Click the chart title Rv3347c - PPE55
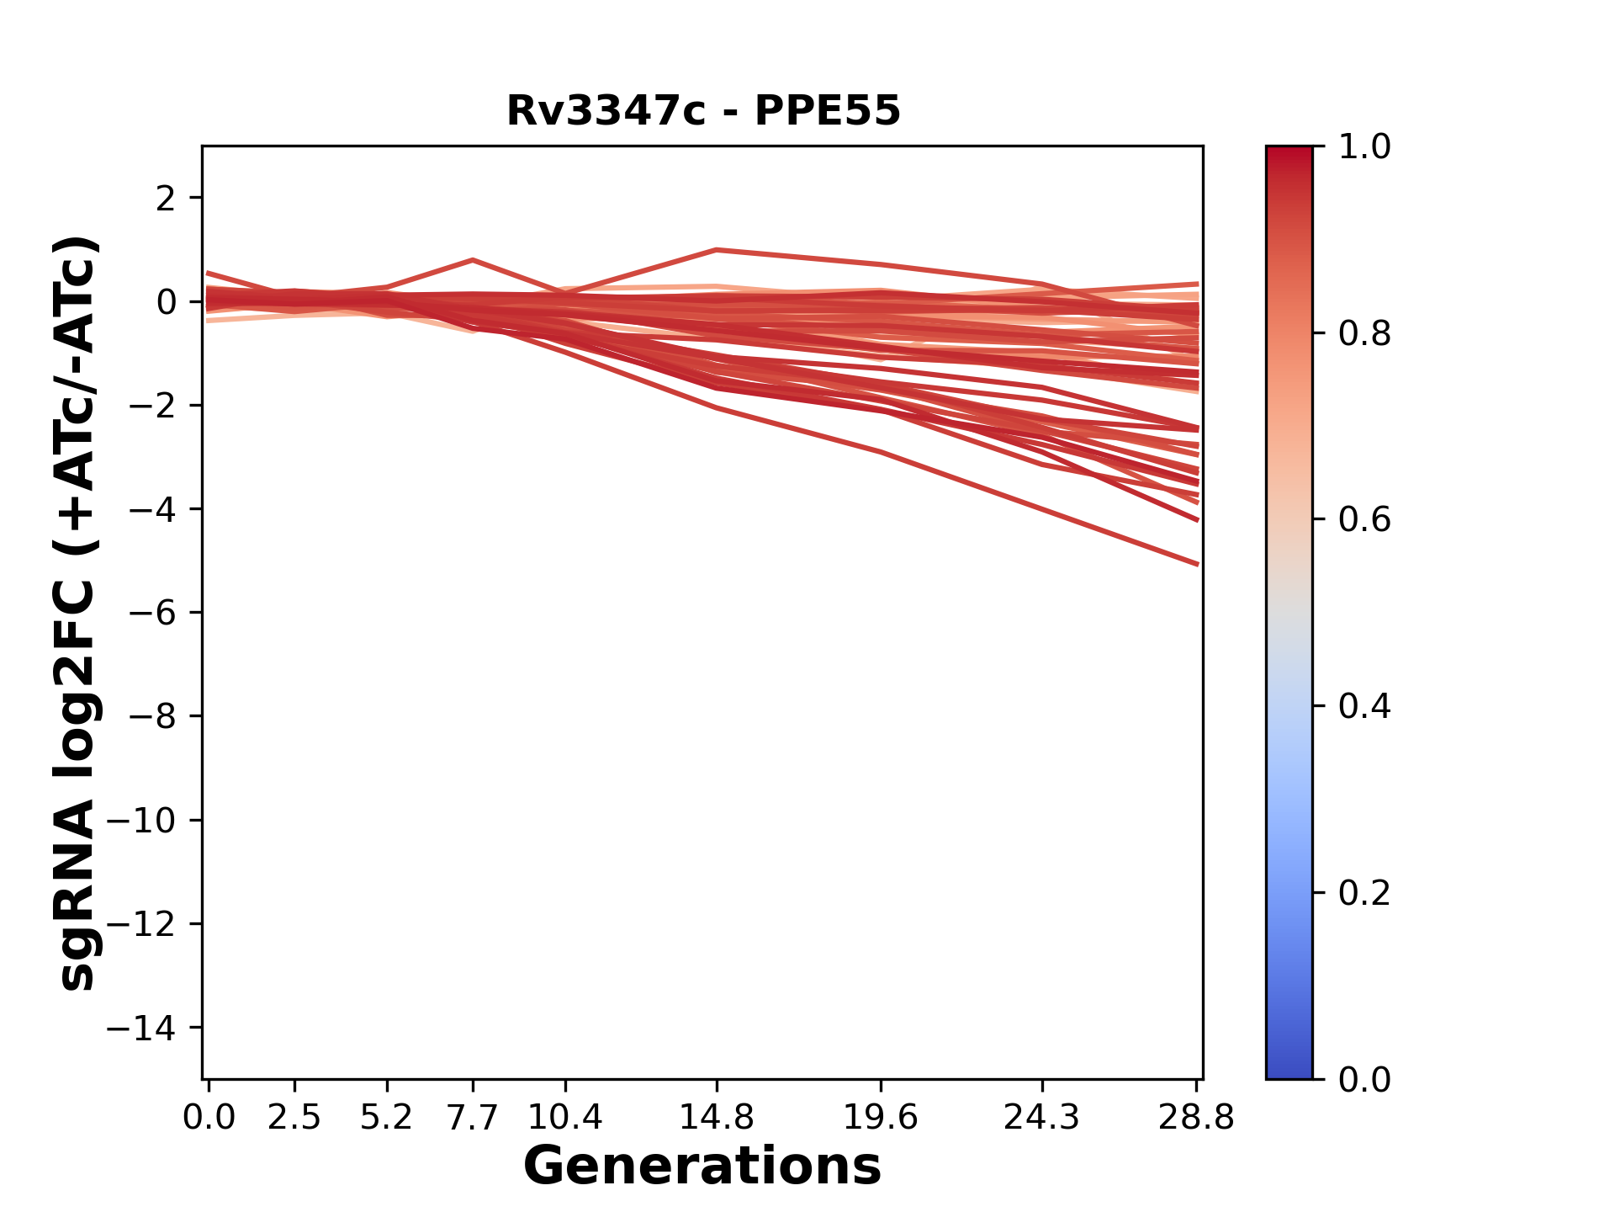[x=703, y=111]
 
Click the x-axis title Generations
[x=702, y=1167]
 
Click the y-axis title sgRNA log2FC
[x=77, y=612]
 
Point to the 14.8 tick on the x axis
[x=716, y=1118]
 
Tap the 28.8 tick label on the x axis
[x=1196, y=1118]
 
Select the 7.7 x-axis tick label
[x=473, y=1118]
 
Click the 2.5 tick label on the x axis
[x=294, y=1118]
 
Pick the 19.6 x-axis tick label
[x=880, y=1118]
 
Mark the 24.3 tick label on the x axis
[x=1042, y=1118]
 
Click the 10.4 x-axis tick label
[x=564, y=1118]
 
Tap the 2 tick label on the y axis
[x=166, y=199]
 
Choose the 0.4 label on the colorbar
[x=1364, y=706]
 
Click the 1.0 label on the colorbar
[x=1364, y=147]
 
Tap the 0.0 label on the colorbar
[x=1364, y=1079]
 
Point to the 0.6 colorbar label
[x=1364, y=520]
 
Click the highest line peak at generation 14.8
[x=716, y=250]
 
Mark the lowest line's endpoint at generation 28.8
[x=1197, y=564]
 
